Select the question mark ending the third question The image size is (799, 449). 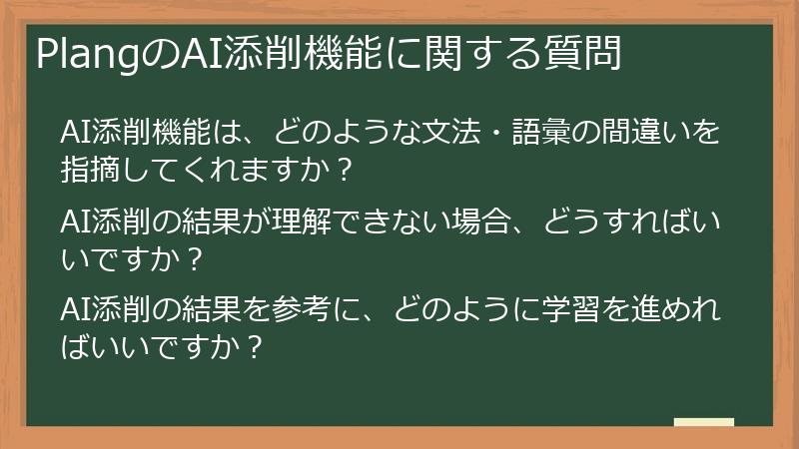254,348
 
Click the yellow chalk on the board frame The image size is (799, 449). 703,422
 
